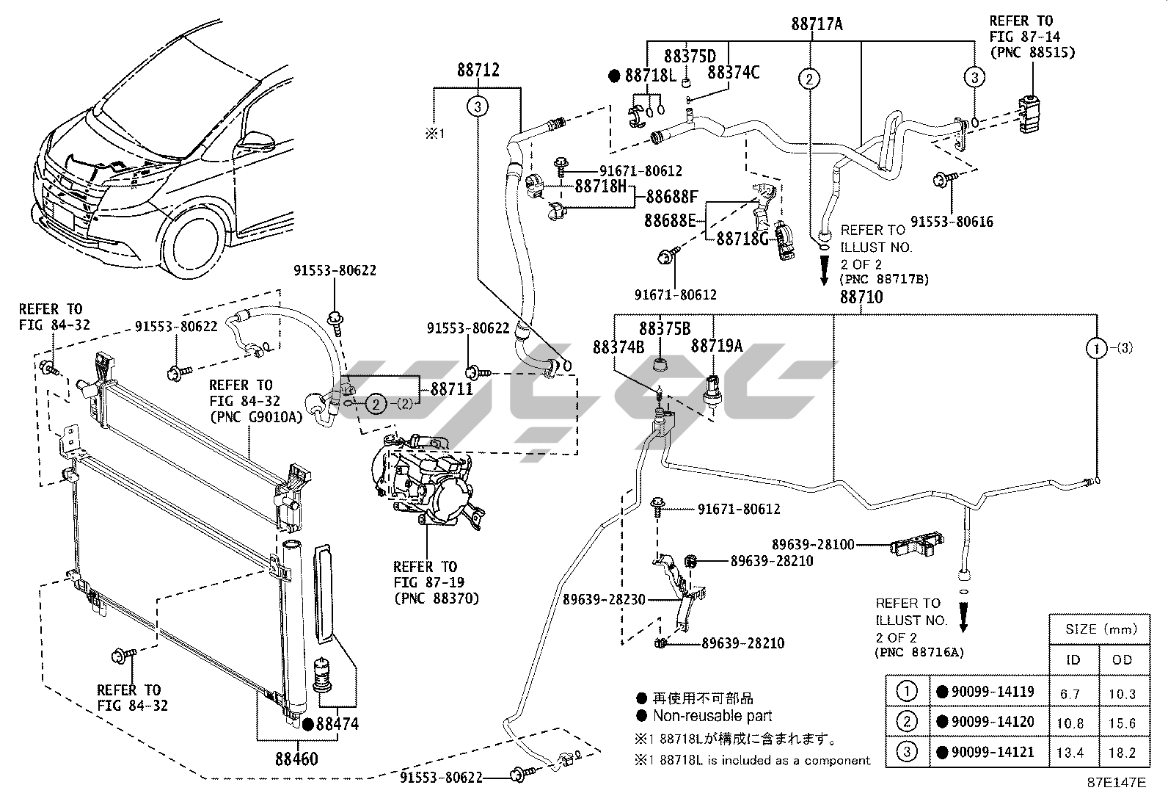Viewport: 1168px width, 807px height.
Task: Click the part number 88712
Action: coord(478,70)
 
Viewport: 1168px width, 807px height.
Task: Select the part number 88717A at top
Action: coord(817,24)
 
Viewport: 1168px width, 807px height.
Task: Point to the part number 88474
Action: coord(337,724)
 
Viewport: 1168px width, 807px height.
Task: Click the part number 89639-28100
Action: coord(812,545)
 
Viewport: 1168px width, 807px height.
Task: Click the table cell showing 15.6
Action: coord(1122,723)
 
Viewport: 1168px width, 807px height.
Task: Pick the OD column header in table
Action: coord(1122,659)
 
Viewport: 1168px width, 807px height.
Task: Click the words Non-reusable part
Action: coord(712,716)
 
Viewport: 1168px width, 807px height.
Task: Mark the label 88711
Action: coord(451,389)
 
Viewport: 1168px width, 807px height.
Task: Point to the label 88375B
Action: coord(664,328)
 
